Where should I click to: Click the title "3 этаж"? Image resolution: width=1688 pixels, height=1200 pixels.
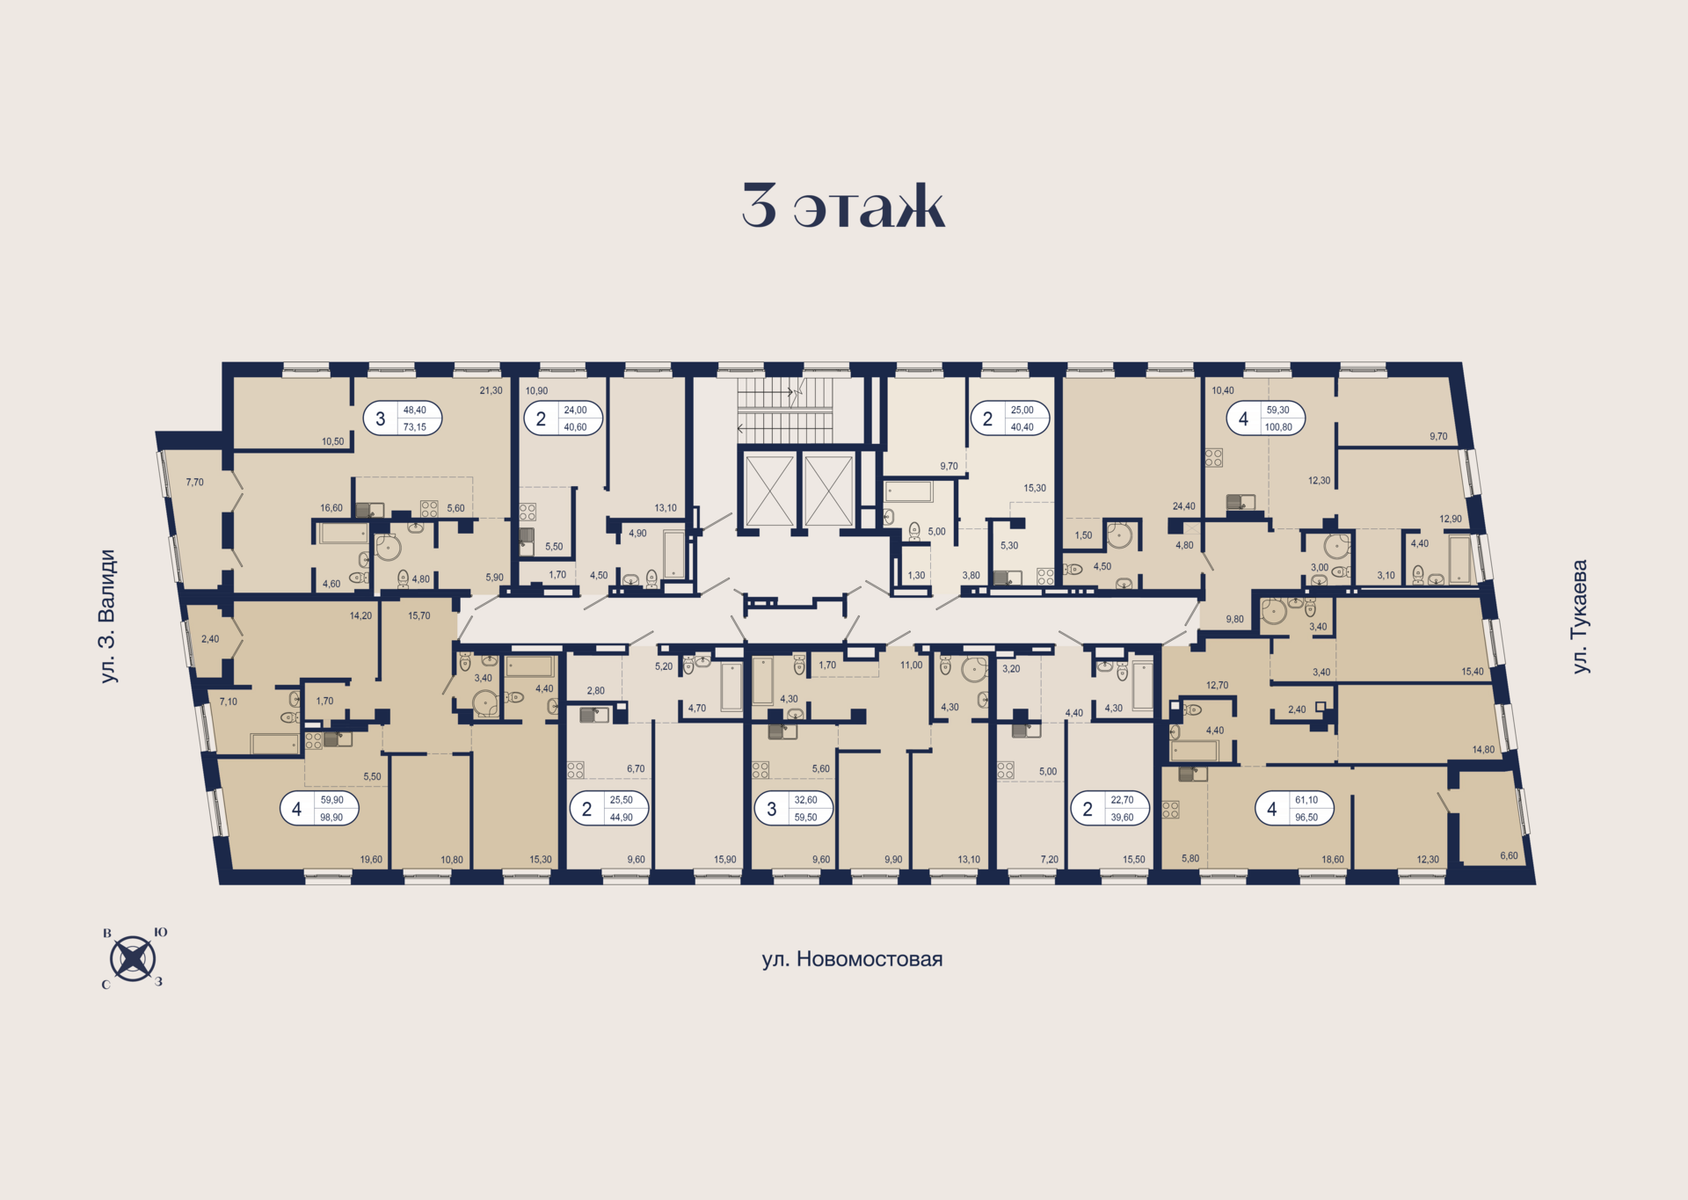843,207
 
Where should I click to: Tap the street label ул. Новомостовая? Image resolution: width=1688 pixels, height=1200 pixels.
852,959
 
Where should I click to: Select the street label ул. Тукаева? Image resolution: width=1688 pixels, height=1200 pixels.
1580,616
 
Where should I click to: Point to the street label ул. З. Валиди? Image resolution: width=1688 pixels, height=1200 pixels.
107,616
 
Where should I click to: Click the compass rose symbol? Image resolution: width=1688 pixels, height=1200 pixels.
133,958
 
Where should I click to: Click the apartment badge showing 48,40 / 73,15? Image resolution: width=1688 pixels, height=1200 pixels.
403,418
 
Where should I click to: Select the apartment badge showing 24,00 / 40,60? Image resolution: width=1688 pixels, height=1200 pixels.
564,418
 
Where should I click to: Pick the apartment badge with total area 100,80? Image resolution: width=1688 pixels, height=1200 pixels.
1266,418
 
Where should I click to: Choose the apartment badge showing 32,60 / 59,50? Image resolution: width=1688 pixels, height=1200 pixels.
794,809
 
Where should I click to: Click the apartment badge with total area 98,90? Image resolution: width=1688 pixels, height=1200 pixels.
319,809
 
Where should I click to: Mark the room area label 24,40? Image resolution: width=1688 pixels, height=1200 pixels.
1183,506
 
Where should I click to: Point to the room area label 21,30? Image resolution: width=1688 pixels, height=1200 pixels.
491,390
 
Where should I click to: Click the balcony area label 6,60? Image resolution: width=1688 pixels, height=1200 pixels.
1509,855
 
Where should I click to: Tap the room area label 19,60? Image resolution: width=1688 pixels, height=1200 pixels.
371,860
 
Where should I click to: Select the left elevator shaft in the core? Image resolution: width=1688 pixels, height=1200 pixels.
769,491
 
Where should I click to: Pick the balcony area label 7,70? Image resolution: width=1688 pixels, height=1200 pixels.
194,482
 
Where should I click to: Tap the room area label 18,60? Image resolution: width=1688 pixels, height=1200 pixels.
1332,860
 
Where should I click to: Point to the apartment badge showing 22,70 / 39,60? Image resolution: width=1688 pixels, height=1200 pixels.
1110,809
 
